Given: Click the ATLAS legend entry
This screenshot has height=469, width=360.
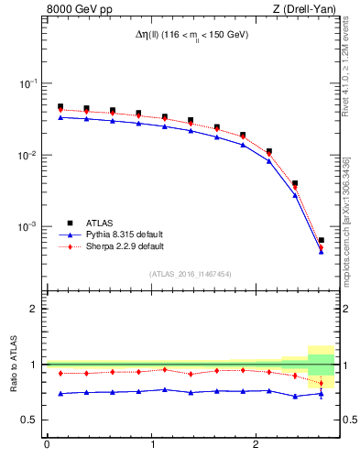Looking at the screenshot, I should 101,222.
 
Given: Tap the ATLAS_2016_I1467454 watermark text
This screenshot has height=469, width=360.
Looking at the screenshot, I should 191,273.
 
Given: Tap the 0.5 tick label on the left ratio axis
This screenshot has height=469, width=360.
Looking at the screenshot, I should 29,420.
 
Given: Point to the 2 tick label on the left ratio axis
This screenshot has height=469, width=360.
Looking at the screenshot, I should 33,309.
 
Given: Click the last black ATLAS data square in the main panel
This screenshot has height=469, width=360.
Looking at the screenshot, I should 321,240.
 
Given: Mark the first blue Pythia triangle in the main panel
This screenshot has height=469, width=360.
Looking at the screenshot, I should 60,117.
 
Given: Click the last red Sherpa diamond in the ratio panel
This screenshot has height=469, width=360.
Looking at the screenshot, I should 321,384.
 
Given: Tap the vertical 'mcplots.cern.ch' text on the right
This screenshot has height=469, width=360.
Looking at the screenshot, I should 346,229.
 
